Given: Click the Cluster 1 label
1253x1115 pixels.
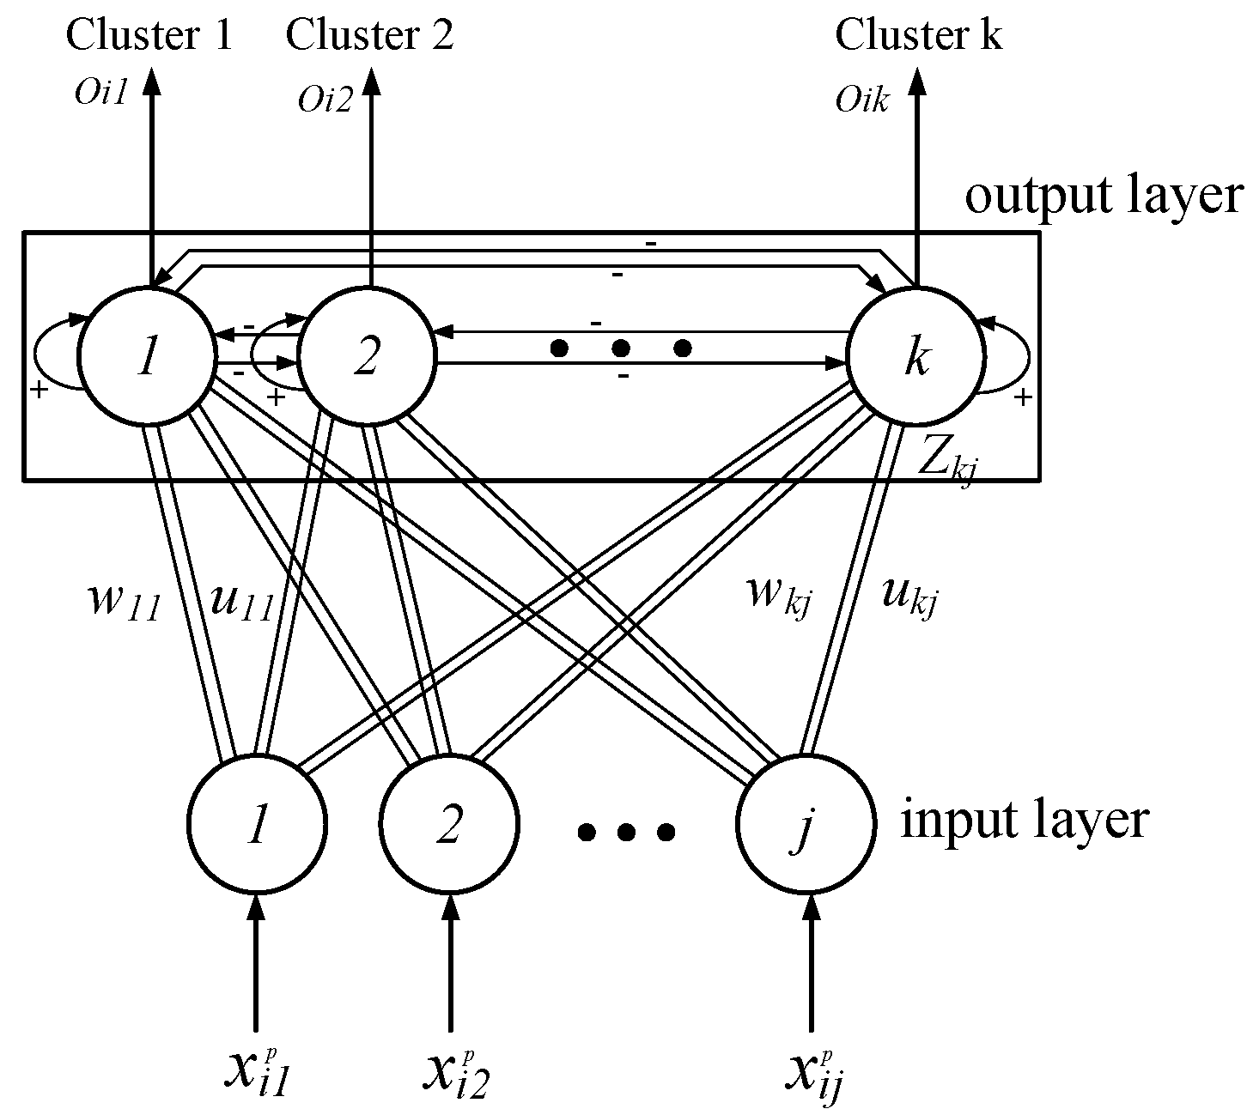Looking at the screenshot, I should pos(149,36).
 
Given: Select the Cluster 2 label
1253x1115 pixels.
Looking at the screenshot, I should pos(369,36).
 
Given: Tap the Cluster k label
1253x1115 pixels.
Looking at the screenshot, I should pos(918,36).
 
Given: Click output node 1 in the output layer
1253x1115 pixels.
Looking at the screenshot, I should pos(147,356).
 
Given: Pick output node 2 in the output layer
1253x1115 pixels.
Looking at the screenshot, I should pos(367,356).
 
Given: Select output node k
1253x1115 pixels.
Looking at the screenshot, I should pos(915,356).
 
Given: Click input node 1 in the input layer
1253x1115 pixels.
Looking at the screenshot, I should pos(256,824).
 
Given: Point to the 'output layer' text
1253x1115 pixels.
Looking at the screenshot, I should pos(1104,196).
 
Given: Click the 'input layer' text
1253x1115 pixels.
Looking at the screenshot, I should pos(1024,820).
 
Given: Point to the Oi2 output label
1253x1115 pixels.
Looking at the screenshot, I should pos(325,101).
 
